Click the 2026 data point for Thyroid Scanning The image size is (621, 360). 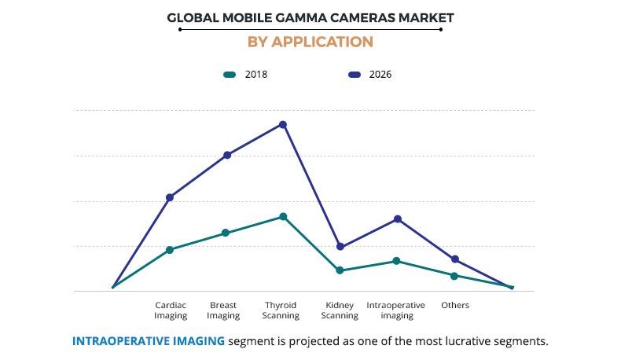coord(283,124)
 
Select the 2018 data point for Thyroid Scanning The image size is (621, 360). coord(283,216)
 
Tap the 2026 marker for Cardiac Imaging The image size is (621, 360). coord(170,197)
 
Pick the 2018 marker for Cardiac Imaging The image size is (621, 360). coord(170,250)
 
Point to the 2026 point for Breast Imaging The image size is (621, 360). coord(227,155)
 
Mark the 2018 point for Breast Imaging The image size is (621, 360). coord(226,233)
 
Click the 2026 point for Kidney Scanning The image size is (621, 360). coord(340,247)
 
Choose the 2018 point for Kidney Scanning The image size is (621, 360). coord(340,270)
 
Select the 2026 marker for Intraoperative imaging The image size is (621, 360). coord(398,219)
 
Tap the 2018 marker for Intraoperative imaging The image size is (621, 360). coord(396,261)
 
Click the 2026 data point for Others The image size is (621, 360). coord(455,259)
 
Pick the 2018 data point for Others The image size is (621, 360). coord(454,276)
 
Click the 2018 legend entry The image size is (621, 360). coord(246,75)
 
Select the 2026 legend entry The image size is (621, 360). coord(369,75)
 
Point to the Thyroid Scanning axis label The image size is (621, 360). coord(281,310)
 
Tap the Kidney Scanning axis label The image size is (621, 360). coord(340,310)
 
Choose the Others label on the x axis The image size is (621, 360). coord(454,305)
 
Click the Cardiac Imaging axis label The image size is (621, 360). coord(171,310)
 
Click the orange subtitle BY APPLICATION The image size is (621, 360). coord(310,42)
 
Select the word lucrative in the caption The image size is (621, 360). coord(469,341)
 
